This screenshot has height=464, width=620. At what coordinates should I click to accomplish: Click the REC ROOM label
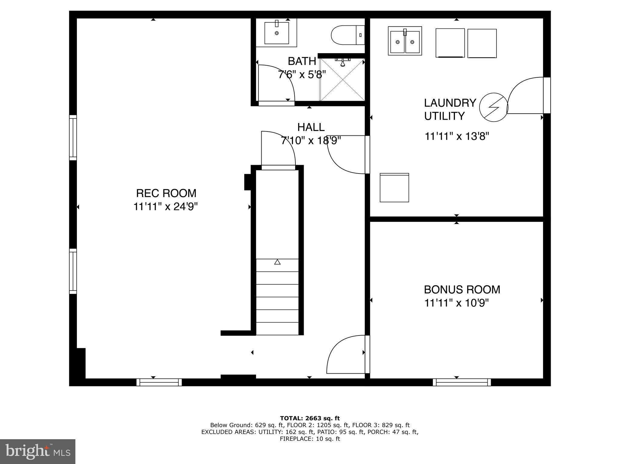coord(166,193)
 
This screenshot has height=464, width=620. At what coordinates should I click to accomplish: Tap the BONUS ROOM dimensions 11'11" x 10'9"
coord(456,303)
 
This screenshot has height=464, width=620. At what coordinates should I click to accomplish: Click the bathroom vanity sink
coord(276,33)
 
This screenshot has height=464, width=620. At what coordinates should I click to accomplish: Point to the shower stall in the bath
coord(342,80)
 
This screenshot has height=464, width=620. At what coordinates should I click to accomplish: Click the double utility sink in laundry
coord(405,41)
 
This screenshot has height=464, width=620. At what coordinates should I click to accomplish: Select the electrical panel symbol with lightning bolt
coord(493,107)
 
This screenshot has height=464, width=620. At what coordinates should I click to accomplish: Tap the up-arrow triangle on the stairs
coord(277,262)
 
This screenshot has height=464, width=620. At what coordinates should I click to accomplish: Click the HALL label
coord(311,127)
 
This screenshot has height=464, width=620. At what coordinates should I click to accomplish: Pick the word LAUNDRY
coord(450,103)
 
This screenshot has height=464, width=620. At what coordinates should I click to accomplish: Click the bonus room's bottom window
coord(462,382)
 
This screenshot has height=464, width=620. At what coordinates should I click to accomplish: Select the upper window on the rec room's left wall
coord(73,138)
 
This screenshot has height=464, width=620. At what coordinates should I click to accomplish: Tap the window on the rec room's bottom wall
coord(159,382)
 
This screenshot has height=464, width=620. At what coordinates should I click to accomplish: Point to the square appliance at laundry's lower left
coord(394,188)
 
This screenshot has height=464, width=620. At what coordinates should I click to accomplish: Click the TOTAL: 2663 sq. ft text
coord(310,418)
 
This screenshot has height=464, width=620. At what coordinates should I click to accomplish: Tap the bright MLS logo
coord(38,451)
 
